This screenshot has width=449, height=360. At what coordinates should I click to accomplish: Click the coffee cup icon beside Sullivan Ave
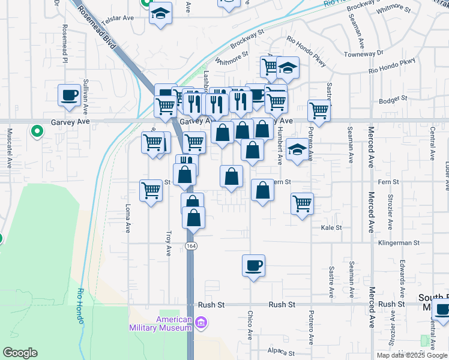pyautogui.click(x=69, y=95)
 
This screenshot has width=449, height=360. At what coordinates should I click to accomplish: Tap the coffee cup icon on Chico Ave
pyautogui.click(x=253, y=265)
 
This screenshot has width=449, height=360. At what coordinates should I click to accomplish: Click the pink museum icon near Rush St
pyautogui.click(x=201, y=323)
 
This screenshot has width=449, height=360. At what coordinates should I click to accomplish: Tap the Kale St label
pyautogui.click(x=331, y=228)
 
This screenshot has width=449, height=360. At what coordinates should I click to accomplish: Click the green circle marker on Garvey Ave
pyautogui.click(x=37, y=129)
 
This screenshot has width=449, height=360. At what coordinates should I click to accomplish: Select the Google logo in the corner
pyautogui.click(x=20, y=353)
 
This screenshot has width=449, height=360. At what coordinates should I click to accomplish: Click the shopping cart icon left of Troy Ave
pyautogui.click(x=151, y=191)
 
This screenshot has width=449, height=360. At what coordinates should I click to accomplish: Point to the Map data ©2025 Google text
pyautogui.click(x=412, y=355)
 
